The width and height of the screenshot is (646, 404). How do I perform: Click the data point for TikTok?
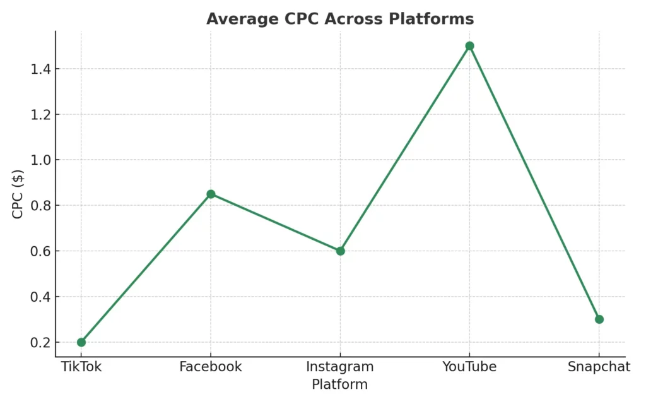pyautogui.click(x=81, y=342)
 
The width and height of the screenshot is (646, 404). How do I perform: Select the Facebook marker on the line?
pyautogui.click(x=211, y=194)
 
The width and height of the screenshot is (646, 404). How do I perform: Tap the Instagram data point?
pyautogui.click(x=341, y=251)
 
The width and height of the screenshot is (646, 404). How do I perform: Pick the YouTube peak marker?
pyautogui.click(x=470, y=46)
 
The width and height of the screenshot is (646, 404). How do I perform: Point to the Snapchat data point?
pyautogui.click(x=599, y=319)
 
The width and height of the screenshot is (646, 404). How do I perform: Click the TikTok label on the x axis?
pyautogui.click(x=81, y=367)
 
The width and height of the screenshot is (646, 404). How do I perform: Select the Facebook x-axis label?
pyautogui.click(x=211, y=367)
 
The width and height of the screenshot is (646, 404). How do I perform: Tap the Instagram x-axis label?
pyautogui.click(x=340, y=367)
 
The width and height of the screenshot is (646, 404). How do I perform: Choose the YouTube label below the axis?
pyautogui.click(x=469, y=367)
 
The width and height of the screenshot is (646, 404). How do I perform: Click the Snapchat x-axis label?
pyautogui.click(x=599, y=367)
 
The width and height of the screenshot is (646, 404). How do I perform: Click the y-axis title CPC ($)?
pyautogui.click(x=18, y=194)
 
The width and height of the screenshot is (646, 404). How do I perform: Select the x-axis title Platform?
pyautogui.click(x=340, y=384)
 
